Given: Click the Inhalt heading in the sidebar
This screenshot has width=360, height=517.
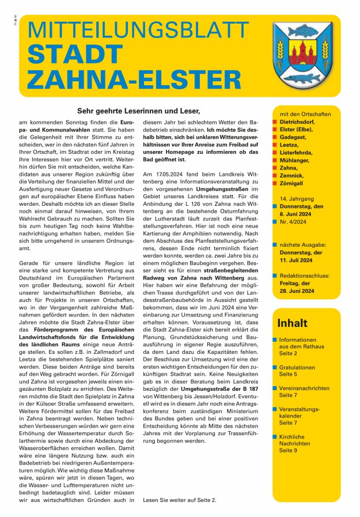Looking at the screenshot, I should (293, 323).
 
